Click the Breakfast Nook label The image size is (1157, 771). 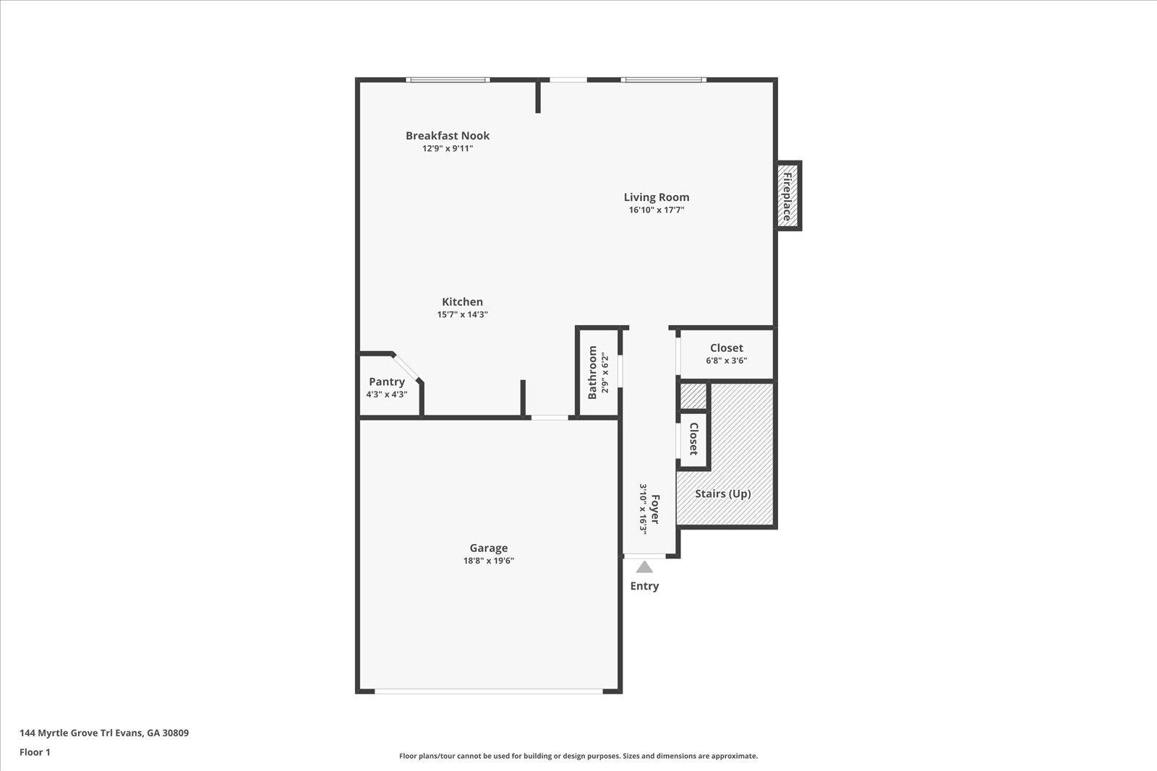[x=447, y=136]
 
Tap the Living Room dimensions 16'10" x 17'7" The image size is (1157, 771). [x=656, y=210]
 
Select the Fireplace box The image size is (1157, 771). [x=787, y=196]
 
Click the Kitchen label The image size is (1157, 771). [x=462, y=302]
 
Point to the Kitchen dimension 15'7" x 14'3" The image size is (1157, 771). [x=462, y=315]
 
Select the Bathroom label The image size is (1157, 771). [x=593, y=372]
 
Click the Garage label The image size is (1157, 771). [x=488, y=548]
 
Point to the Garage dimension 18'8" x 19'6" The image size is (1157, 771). [x=488, y=561]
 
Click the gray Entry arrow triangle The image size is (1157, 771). [x=644, y=567]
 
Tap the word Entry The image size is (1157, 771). [x=644, y=586]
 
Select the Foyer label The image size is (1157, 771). [x=656, y=509]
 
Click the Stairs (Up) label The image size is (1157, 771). [x=722, y=494]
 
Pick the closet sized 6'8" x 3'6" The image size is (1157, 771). [x=726, y=353]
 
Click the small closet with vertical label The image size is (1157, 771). [x=693, y=439]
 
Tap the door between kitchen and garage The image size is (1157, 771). [x=550, y=417]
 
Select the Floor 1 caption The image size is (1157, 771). [x=35, y=752]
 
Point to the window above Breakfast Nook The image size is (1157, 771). [x=448, y=79]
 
